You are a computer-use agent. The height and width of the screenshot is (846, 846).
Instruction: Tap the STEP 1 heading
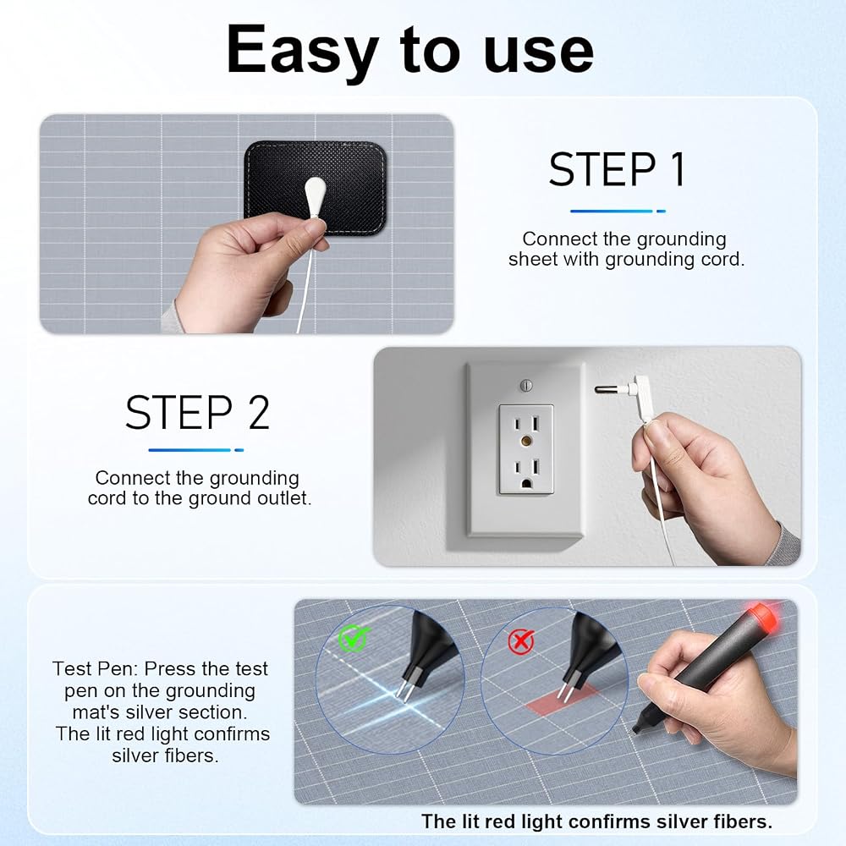click(x=618, y=169)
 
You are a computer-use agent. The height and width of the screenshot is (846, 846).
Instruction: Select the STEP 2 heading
click(x=197, y=413)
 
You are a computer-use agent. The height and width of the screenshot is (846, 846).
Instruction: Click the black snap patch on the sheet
click(x=316, y=188)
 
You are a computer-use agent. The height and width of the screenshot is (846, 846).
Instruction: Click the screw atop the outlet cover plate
click(x=526, y=385)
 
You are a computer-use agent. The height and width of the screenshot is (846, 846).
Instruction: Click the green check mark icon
click(x=354, y=638)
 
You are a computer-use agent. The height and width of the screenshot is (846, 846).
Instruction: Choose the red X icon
click(x=521, y=640)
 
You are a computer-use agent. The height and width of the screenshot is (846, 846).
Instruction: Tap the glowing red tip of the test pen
click(x=761, y=617)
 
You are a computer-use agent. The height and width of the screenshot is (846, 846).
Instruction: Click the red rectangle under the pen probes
click(x=563, y=700)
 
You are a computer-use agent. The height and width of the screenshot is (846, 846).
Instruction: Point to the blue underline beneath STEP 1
click(x=618, y=211)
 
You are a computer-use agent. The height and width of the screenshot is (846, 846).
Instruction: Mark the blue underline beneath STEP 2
click(x=196, y=449)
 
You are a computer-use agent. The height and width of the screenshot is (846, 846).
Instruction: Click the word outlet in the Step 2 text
click(x=284, y=498)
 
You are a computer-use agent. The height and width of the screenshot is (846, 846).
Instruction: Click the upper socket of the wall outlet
click(x=526, y=424)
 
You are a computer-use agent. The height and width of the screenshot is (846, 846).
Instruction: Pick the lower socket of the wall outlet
click(x=526, y=471)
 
